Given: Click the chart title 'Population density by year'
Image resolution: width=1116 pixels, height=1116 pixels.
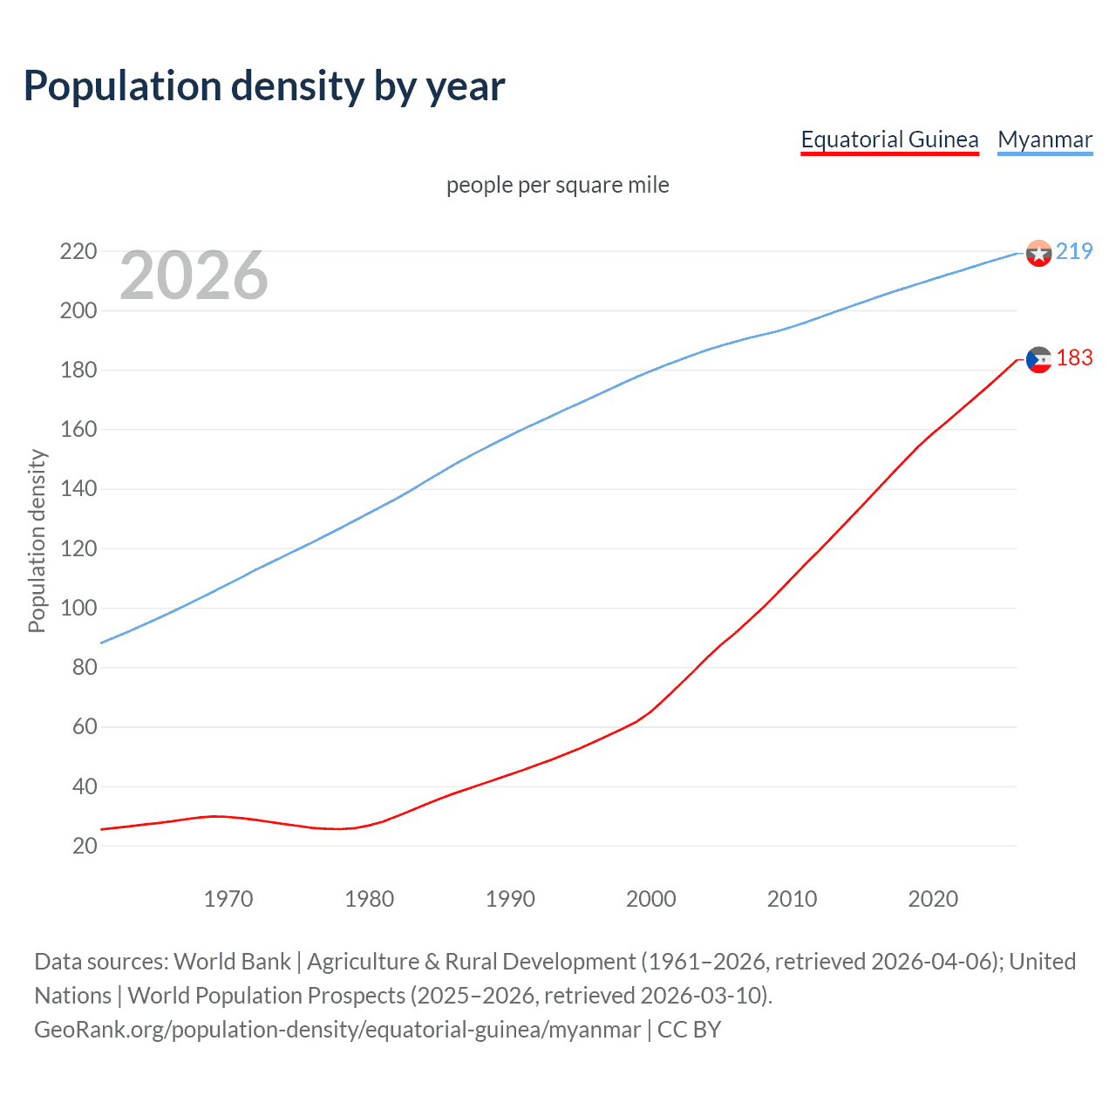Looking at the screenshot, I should click(x=264, y=85).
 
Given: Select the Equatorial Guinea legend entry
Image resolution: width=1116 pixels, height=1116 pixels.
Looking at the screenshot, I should click(x=889, y=139).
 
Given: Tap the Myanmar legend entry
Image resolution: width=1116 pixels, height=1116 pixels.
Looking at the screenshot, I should click(x=1045, y=139).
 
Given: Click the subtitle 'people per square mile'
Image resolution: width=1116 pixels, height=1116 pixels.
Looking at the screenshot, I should click(x=558, y=185).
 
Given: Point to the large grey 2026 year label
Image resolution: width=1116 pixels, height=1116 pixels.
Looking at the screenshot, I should click(x=194, y=276).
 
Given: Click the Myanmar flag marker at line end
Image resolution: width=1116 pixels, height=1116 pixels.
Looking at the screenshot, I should click(x=1038, y=253).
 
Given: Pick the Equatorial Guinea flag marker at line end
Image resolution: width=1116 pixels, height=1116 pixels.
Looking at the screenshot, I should click(x=1038, y=359).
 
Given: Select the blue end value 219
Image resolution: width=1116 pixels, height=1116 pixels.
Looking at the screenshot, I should click(x=1074, y=251).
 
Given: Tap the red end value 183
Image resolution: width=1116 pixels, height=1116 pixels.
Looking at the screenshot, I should click(x=1074, y=358).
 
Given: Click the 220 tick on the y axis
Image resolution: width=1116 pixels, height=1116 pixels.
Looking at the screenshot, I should click(x=78, y=252).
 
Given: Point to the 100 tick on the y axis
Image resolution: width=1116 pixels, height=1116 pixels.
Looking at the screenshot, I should click(x=78, y=608).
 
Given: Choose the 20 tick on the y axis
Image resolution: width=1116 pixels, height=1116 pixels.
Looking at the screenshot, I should click(x=85, y=846).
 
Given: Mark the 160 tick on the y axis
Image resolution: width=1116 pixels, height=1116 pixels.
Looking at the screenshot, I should click(x=78, y=430).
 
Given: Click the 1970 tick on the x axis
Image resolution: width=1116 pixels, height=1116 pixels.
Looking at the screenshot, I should click(x=228, y=899).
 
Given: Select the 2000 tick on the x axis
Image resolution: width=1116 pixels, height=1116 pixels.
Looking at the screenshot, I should click(x=651, y=899).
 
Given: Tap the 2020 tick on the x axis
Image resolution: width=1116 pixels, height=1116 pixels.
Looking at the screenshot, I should click(x=933, y=899).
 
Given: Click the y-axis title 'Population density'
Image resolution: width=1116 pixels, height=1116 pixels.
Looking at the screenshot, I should click(x=37, y=541).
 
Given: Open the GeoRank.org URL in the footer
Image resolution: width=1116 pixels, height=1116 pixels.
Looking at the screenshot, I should click(x=337, y=1030).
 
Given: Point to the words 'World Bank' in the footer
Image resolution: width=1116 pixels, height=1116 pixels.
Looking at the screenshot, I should click(x=232, y=962).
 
